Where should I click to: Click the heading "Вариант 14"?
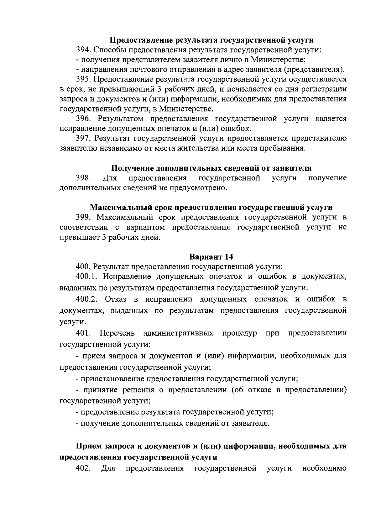[211, 257]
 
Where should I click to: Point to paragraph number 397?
[84, 138]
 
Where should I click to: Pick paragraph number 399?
[84, 217]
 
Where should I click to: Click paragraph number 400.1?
[87, 276]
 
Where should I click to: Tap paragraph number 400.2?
[87, 299]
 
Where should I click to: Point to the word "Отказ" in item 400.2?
[116, 299]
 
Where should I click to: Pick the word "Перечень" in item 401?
[117, 333]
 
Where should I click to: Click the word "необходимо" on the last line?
[324, 468]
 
